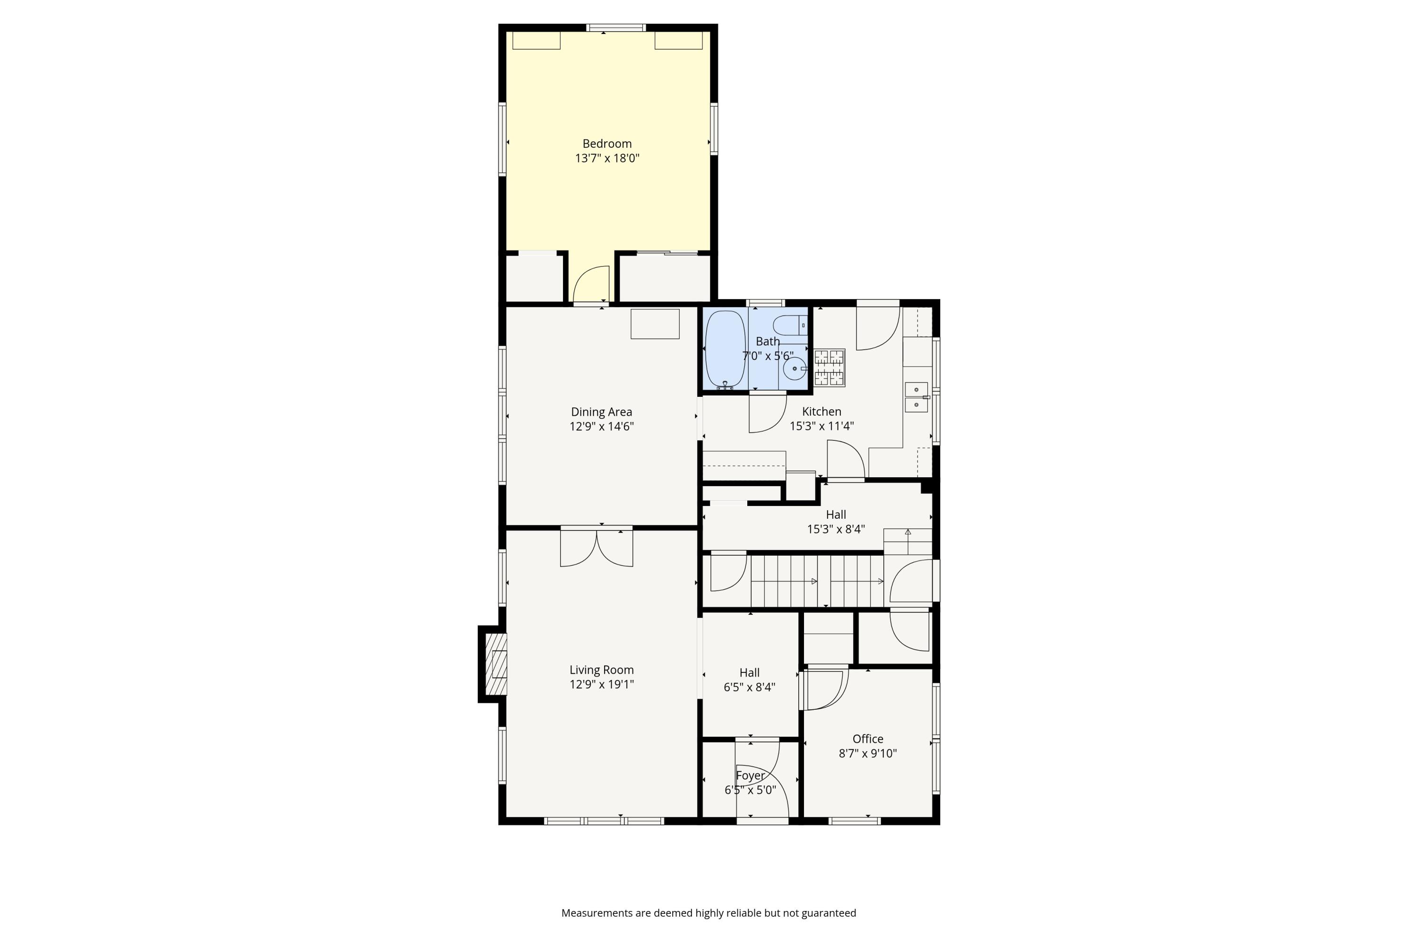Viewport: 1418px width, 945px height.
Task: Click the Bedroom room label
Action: [606, 144]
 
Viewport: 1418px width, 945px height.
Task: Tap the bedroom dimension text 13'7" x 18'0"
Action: [606, 158]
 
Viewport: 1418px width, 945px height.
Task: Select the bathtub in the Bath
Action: [725, 350]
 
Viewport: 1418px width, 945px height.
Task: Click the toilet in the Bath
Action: [788, 326]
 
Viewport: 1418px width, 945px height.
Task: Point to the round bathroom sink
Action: [795, 368]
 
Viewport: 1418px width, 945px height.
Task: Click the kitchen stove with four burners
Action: [830, 368]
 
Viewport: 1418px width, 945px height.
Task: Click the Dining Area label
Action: [601, 412]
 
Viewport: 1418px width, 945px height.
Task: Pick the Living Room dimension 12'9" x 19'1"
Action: [601, 685]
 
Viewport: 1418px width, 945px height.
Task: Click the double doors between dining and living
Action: [596, 548]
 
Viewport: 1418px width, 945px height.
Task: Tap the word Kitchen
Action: [821, 412]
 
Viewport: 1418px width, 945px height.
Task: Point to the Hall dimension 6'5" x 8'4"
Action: [749, 687]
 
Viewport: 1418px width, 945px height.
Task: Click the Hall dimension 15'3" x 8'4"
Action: [836, 529]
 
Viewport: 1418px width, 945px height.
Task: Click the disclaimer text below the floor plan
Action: [709, 913]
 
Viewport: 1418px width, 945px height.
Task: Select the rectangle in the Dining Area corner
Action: [655, 324]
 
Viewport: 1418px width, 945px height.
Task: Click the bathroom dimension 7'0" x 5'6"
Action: [768, 356]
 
